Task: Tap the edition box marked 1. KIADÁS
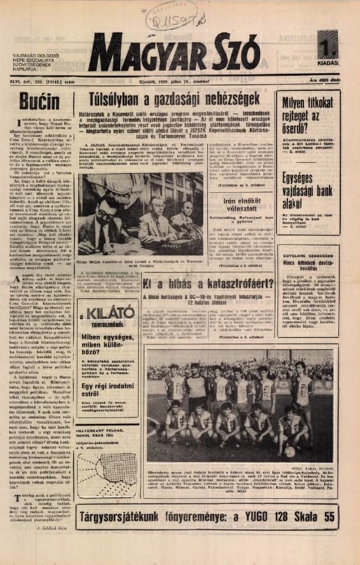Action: coord(328,49)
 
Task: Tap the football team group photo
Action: coord(242,403)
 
